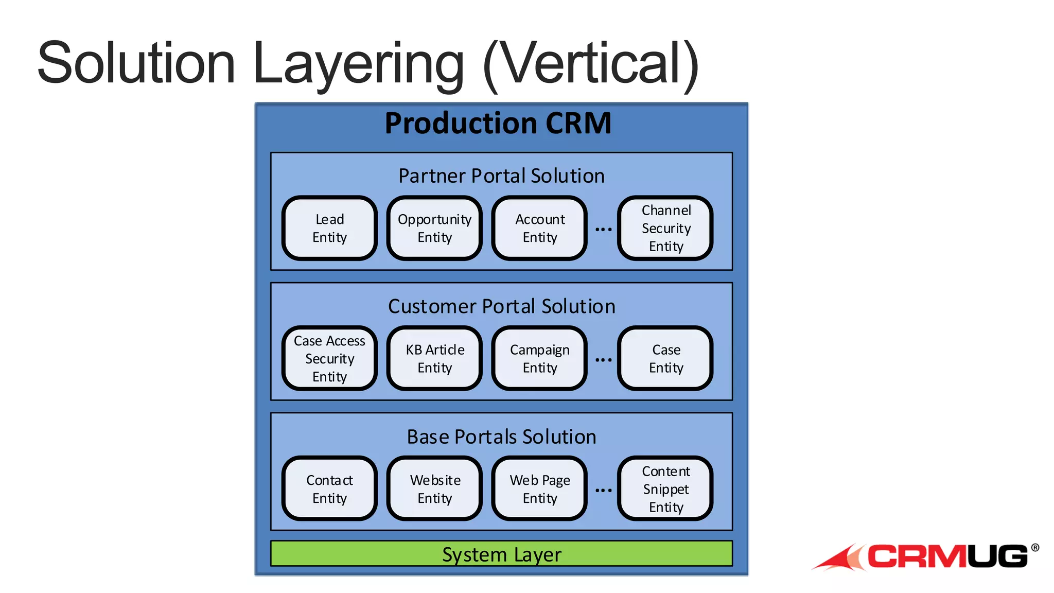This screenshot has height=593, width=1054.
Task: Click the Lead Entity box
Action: click(329, 228)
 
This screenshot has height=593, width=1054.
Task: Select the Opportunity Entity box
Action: click(434, 228)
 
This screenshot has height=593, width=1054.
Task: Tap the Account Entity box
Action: click(539, 228)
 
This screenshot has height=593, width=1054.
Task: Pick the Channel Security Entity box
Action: click(665, 228)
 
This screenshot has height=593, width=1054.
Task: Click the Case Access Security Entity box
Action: click(329, 358)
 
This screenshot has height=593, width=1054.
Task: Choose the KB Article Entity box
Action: click(434, 358)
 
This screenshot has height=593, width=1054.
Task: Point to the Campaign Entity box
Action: click(539, 358)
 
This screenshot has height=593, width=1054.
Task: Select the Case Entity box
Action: click(665, 358)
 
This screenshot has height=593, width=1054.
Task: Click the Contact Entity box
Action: click(329, 489)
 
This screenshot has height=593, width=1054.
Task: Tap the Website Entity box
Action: click(434, 489)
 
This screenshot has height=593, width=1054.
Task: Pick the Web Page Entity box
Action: click(539, 489)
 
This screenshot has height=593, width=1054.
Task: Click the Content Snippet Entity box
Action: click(665, 489)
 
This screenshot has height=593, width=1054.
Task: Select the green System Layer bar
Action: click(501, 554)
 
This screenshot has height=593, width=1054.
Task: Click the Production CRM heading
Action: click(498, 124)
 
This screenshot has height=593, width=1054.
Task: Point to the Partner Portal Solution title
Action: click(501, 176)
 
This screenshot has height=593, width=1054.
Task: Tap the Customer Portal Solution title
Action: click(501, 306)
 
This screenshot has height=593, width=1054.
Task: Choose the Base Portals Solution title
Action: click(501, 437)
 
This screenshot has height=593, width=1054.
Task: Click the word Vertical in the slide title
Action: click(591, 64)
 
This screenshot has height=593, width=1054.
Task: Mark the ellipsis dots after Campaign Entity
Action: click(603, 360)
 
